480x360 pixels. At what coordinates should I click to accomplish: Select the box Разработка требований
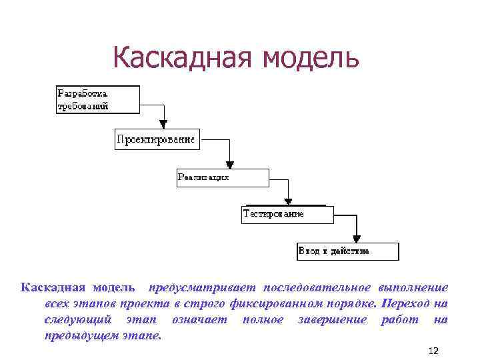point(97,99)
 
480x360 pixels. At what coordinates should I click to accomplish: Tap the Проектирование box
point(156,139)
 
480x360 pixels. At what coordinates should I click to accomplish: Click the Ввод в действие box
point(347,251)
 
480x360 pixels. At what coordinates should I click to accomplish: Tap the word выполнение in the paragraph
point(413,287)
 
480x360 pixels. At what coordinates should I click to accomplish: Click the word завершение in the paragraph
point(331,320)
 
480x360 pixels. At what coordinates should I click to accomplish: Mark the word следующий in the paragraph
point(73,320)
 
